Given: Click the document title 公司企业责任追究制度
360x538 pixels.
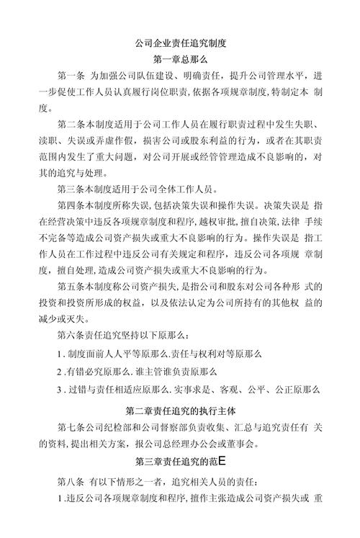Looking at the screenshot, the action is pyautogui.click(x=180, y=43).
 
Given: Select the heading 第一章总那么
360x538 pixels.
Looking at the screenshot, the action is pyautogui.click(x=180, y=60).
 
